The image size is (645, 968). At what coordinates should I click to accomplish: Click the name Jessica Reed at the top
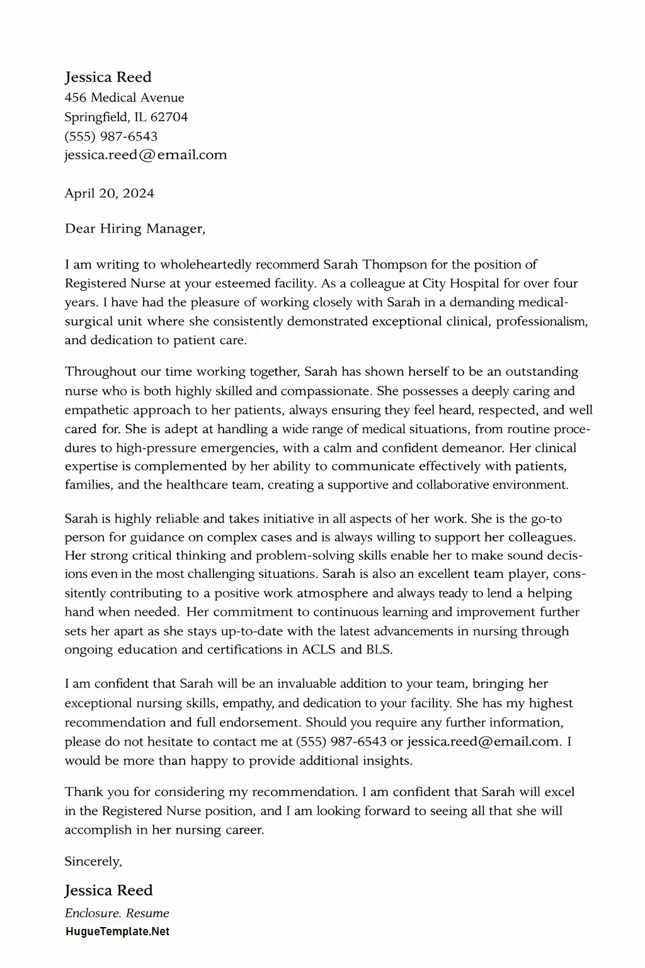(108, 77)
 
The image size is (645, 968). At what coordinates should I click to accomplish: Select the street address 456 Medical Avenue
(125, 98)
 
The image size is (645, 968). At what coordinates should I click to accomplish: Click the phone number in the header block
(111, 136)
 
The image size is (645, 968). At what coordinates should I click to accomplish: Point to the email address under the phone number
(146, 155)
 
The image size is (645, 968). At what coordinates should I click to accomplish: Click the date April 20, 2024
(110, 193)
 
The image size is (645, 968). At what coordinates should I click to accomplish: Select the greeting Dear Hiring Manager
(135, 229)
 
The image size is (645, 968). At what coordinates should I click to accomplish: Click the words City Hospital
(460, 284)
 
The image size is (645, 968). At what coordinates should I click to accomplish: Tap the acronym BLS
(378, 650)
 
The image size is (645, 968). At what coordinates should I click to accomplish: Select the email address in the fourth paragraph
(484, 742)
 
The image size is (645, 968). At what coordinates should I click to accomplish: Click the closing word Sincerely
(93, 861)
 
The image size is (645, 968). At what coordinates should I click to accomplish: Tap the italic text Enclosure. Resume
(117, 913)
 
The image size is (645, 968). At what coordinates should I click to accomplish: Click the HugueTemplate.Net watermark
(117, 931)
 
